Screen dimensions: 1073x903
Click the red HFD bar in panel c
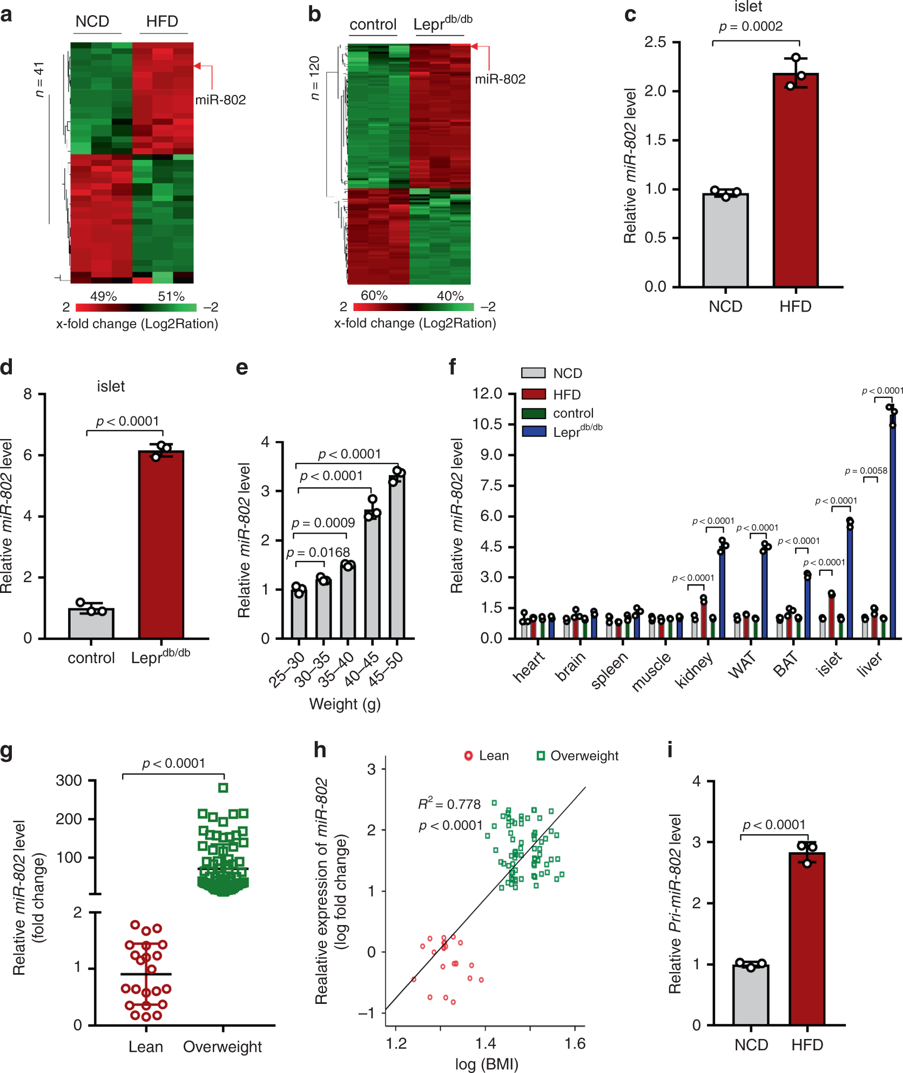(x=795, y=181)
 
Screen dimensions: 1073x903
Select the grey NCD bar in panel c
(x=725, y=240)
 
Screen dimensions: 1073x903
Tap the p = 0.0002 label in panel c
(x=750, y=26)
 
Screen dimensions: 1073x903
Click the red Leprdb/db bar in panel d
(x=161, y=545)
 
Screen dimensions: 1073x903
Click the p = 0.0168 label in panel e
(x=318, y=552)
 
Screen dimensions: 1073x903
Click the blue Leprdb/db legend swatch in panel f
(x=534, y=431)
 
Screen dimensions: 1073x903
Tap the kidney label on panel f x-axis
(x=694, y=670)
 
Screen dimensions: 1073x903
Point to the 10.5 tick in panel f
(x=487, y=424)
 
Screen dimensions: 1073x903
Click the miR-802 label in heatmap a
(x=220, y=100)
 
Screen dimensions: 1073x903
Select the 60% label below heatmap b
(x=374, y=295)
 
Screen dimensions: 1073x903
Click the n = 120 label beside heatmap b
(x=315, y=78)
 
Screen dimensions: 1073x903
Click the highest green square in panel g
(x=223, y=788)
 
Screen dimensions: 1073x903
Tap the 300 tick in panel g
(x=69, y=780)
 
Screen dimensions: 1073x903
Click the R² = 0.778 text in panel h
(x=449, y=805)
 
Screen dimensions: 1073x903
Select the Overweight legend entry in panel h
(x=577, y=755)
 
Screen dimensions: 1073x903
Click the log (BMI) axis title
(x=486, y=1063)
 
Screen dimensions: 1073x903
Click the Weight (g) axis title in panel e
(x=345, y=704)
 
